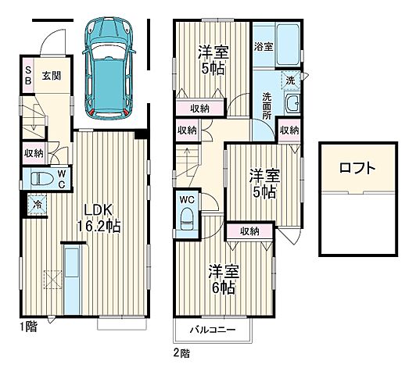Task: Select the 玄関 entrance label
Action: point(51,75)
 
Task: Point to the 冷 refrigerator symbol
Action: point(36,205)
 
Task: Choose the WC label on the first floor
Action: point(63,179)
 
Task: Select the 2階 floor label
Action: point(181,353)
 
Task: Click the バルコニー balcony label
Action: point(213,330)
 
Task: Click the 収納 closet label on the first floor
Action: point(34,153)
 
